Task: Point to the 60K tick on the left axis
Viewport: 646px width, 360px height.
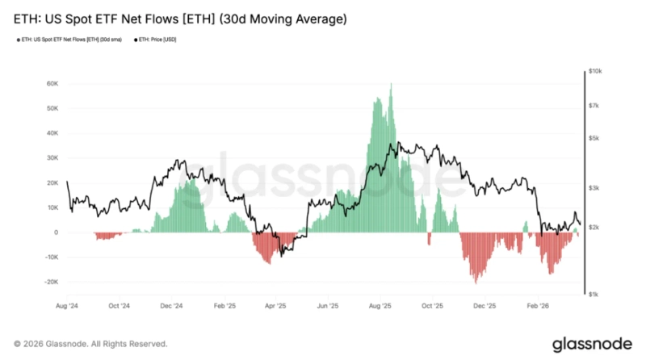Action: click(52, 83)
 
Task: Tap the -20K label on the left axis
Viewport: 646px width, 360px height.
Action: click(50, 283)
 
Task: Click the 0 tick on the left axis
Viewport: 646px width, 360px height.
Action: click(56, 232)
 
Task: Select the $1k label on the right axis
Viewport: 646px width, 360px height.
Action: click(594, 295)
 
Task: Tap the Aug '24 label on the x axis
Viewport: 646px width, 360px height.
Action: click(67, 307)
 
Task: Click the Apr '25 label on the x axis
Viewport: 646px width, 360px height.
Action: click(276, 307)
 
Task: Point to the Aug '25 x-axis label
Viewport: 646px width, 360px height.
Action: click(380, 307)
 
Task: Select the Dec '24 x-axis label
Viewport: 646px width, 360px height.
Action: click(171, 307)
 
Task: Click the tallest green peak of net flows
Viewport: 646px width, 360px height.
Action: click(391, 84)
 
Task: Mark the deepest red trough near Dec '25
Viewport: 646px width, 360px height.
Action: click(476, 282)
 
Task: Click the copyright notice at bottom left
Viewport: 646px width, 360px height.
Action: click(90, 343)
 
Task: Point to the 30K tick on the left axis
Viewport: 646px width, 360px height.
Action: click(52, 158)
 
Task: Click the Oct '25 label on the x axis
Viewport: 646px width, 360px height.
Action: click(433, 307)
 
